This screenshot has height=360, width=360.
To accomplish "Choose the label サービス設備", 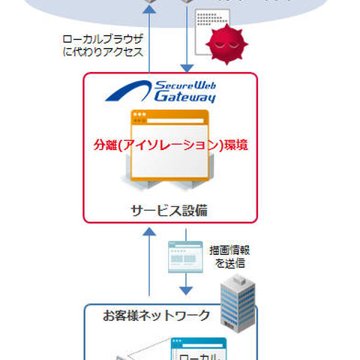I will (170, 211).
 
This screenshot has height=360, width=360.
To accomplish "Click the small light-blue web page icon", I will (184, 255).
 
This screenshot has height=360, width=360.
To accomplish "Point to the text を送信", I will (228, 264).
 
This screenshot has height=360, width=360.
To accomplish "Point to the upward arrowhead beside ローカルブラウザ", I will (150, 6).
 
